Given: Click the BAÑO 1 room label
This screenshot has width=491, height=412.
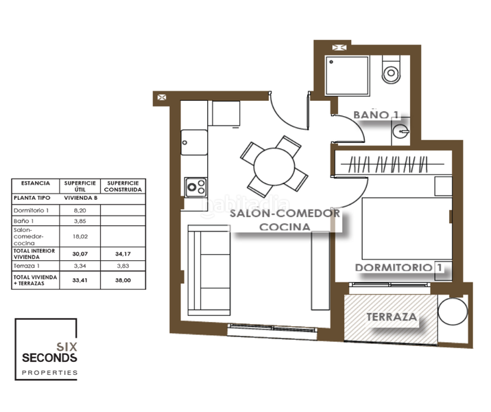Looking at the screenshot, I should pos(376,115).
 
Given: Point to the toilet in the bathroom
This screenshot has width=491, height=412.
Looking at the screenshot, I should pos(392,70).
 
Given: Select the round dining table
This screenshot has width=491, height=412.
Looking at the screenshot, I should pos(274,165).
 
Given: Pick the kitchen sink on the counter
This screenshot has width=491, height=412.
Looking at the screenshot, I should pos(194,143).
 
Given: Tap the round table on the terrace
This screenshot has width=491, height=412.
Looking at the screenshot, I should pos(453,311).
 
